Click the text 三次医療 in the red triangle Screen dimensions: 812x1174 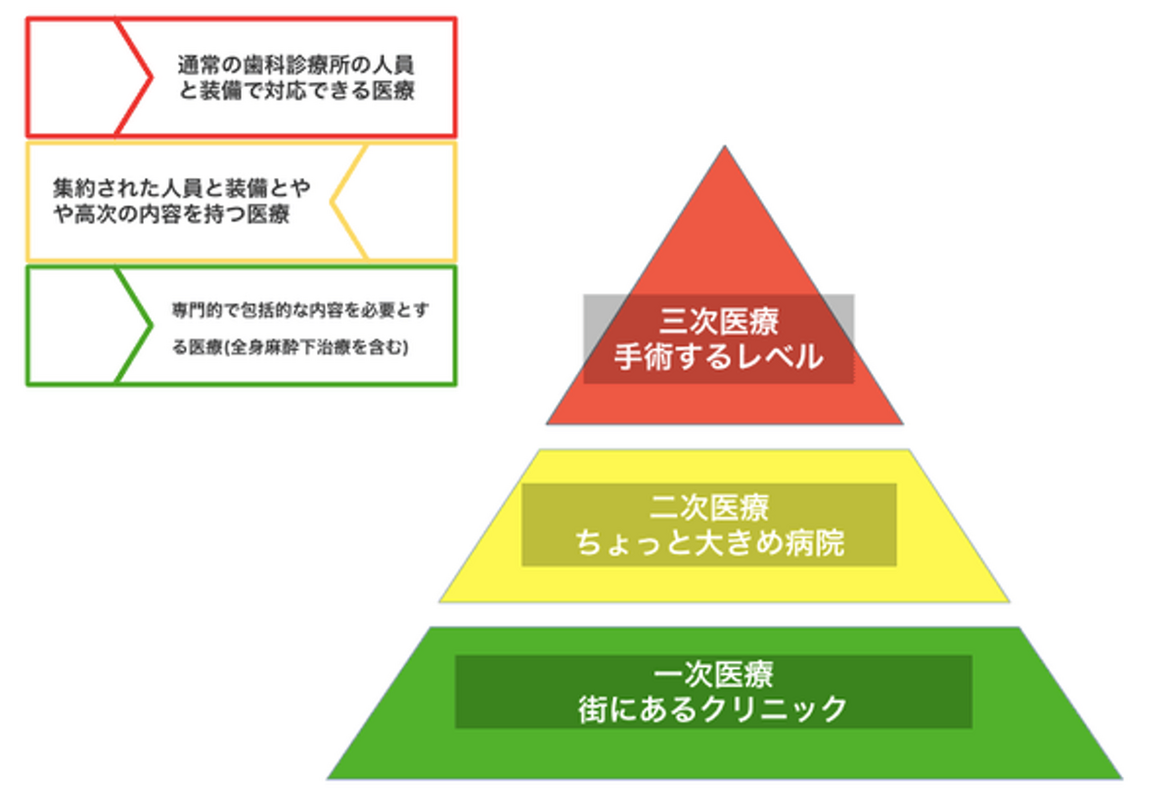(x=719, y=321)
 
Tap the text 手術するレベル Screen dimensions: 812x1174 (x=719, y=357)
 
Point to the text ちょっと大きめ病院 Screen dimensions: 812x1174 (x=709, y=543)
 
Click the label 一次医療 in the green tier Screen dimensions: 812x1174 (x=714, y=675)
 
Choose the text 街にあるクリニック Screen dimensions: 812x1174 (x=714, y=708)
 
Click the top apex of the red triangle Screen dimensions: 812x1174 (x=724, y=148)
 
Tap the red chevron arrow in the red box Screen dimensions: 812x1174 (x=135, y=76)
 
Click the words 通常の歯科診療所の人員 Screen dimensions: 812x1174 (x=295, y=67)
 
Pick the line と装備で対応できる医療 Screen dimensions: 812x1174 (x=295, y=94)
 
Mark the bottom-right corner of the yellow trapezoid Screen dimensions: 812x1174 (x=1008, y=601)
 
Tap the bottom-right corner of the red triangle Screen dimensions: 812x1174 (x=901, y=423)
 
